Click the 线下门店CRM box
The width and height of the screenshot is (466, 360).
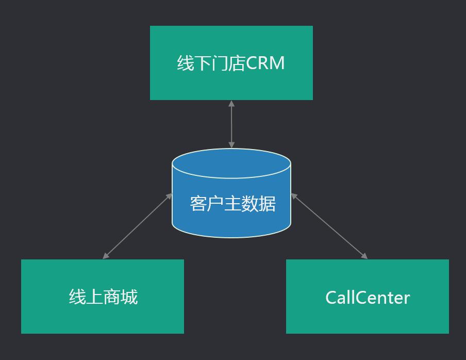click(231, 83)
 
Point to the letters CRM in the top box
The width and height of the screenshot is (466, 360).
click(265, 63)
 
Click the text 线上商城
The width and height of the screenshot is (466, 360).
click(103, 297)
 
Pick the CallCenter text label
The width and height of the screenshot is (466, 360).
click(368, 298)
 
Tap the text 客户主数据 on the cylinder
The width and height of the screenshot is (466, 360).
click(232, 203)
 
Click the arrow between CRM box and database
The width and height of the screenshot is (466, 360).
click(231, 124)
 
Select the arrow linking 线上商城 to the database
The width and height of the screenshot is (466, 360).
click(138, 226)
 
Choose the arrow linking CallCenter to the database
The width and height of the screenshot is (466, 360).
click(329, 226)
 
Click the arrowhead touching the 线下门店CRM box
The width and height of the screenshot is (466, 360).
click(231, 103)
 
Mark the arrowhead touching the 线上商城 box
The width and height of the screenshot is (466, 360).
click(106, 256)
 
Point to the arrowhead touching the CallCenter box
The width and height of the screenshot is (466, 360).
click(364, 256)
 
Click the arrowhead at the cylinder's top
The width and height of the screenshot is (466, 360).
click(231, 145)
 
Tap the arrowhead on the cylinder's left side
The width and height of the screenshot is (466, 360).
click(170, 195)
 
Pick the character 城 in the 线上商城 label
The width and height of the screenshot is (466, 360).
click(129, 297)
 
